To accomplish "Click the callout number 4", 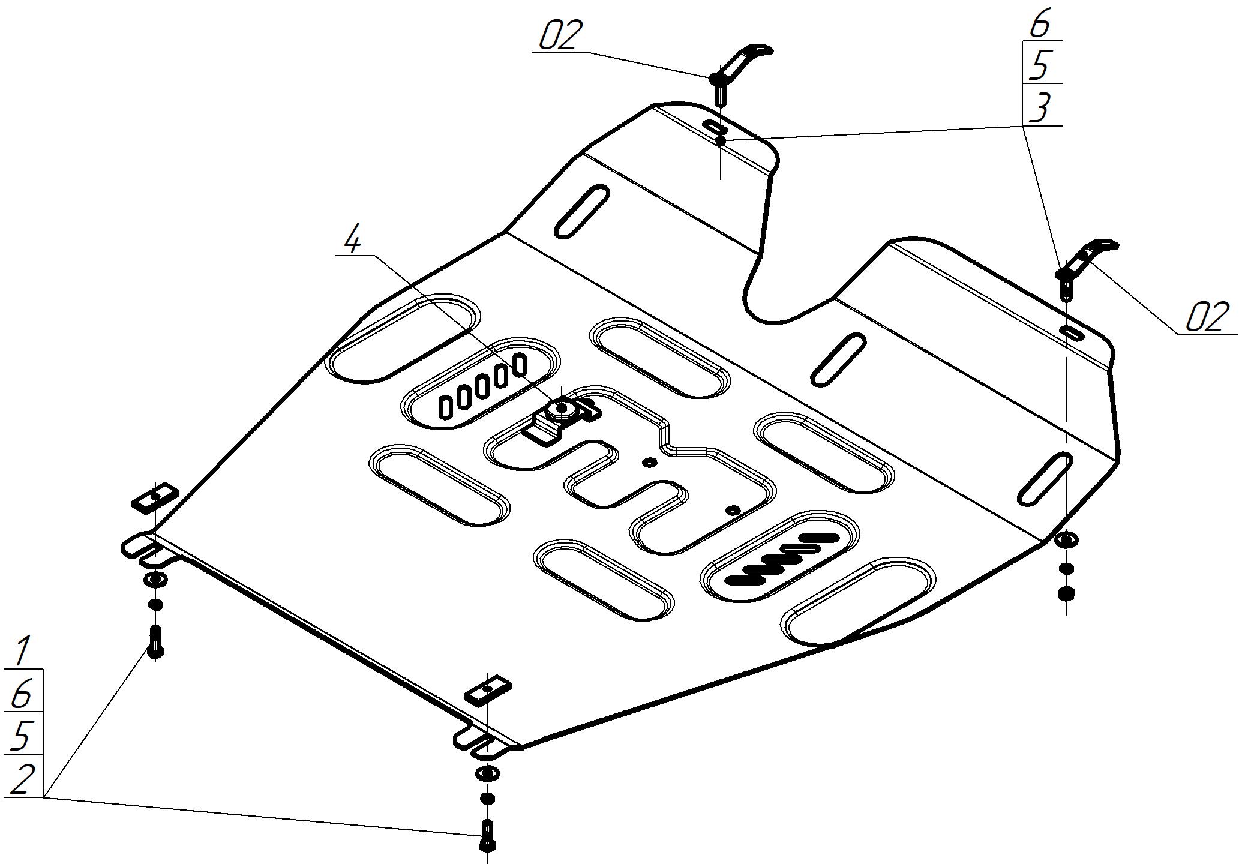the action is click(x=353, y=240).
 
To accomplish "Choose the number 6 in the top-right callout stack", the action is click(x=1040, y=24).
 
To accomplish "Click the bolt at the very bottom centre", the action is click(x=488, y=835).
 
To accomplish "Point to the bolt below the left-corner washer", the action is click(x=155, y=641).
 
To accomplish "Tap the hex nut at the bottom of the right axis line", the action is click(x=1066, y=594).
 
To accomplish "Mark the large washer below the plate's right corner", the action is click(x=1066, y=539).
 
